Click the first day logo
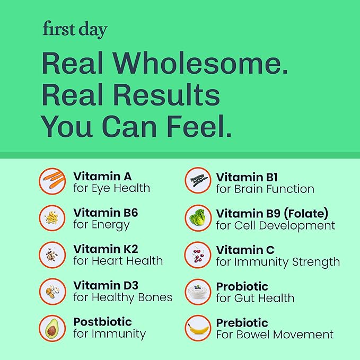74,30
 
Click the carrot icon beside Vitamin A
52,181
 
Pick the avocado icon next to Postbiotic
52,328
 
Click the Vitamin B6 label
106,213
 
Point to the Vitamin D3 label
106,286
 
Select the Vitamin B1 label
247,177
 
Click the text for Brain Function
265,189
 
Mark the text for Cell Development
276,225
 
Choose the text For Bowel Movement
275,335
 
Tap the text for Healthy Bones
123,297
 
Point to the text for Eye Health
112,188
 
